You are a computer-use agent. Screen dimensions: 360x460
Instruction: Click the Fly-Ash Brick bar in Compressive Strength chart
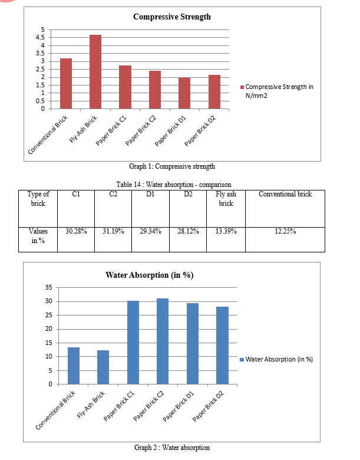[95, 72]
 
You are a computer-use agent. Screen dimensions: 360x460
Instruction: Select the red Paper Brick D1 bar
[184, 93]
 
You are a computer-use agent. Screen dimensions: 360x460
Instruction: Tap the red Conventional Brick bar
[65, 84]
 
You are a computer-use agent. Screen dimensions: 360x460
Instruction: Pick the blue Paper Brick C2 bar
[163, 341]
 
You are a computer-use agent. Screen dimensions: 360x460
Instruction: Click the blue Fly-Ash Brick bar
[103, 367]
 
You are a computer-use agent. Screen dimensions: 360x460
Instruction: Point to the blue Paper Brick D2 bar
[222, 345]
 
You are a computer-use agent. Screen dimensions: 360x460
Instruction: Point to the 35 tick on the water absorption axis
[49, 288]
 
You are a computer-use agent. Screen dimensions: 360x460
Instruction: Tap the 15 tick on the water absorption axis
[49, 343]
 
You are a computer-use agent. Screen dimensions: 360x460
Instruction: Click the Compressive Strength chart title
[172, 17]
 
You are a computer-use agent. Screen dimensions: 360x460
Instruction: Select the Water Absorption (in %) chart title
[150, 275]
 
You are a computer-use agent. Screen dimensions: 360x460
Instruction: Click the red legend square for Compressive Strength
[242, 87]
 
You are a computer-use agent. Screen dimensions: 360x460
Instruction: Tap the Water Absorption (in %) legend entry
[276, 359]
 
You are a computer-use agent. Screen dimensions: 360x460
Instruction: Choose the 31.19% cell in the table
[113, 231]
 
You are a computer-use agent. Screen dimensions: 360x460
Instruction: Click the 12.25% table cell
[285, 231]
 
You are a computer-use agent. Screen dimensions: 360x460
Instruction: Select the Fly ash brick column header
[226, 199]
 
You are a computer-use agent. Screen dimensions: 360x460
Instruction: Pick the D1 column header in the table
[150, 194]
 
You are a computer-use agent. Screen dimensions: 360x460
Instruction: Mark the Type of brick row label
[38, 199]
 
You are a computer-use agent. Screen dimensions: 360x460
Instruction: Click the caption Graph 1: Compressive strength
[172, 166]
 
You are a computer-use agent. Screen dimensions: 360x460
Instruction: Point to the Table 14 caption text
[174, 185]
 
